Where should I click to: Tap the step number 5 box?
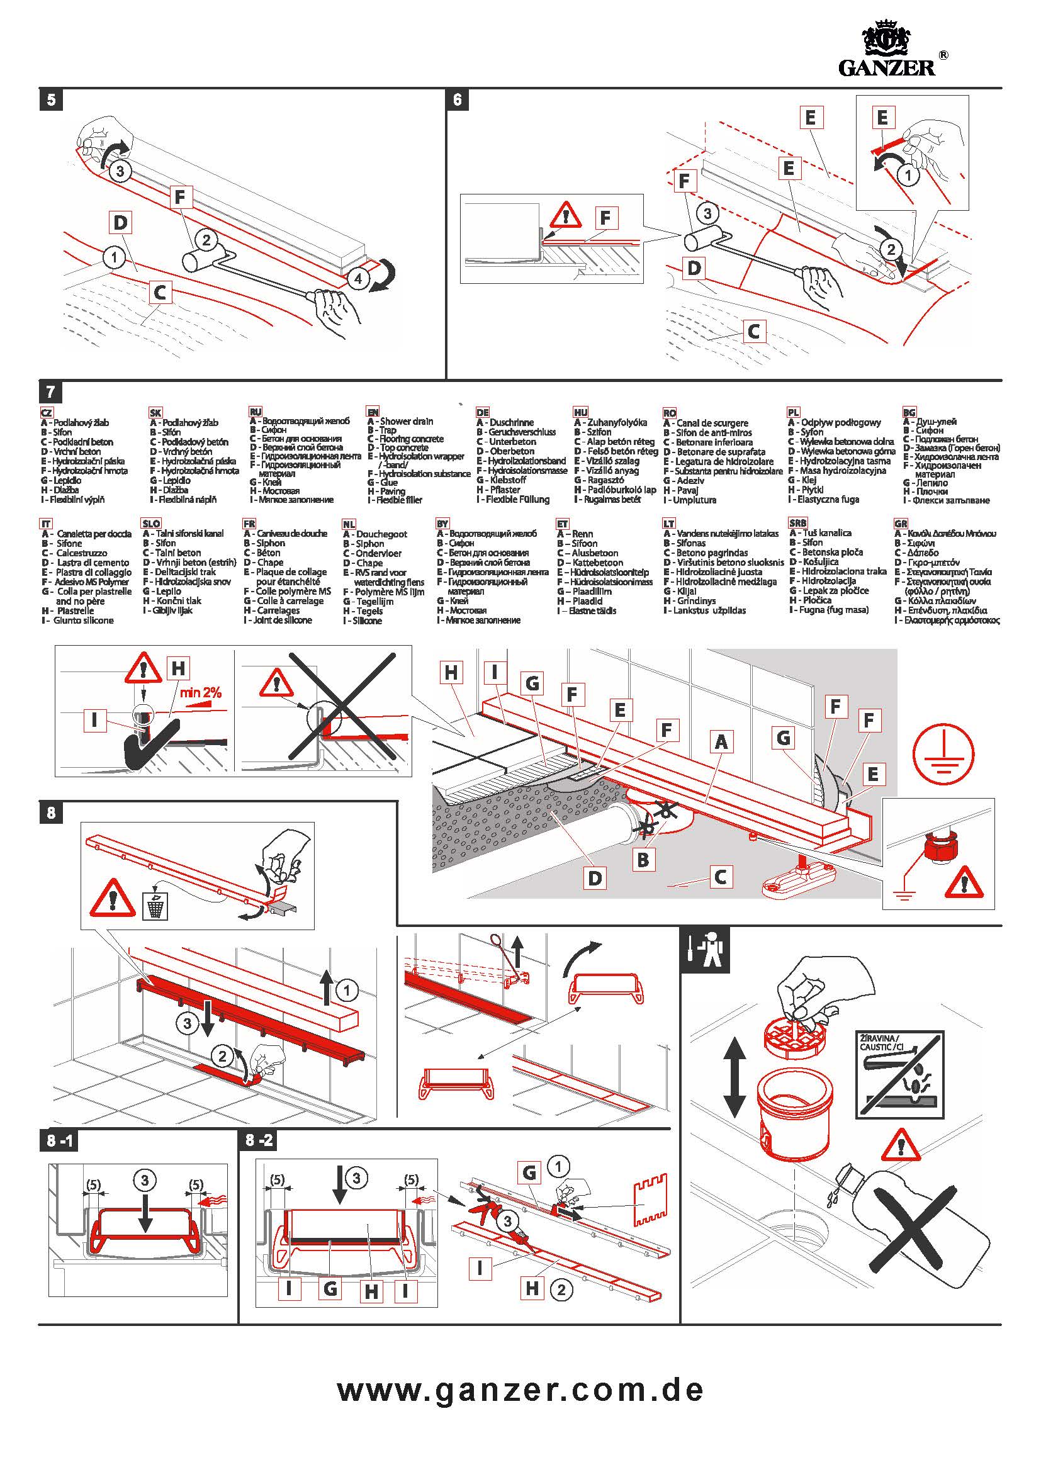[51, 100]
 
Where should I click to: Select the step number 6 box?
[457, 100]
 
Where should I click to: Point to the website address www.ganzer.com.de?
[520, 1390]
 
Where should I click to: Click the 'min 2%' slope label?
[200, 692]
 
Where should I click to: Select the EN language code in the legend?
[373, 412]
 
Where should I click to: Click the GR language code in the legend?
[901, 523]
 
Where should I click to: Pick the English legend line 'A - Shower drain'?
[401, 421]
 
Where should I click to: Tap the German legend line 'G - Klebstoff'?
[501, 480]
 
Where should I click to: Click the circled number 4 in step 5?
[358, 279]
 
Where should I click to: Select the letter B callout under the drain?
[643, 860]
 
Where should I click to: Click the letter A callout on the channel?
[721, 743]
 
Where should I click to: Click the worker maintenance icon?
[705, 954]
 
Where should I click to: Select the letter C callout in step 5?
[160, 293]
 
